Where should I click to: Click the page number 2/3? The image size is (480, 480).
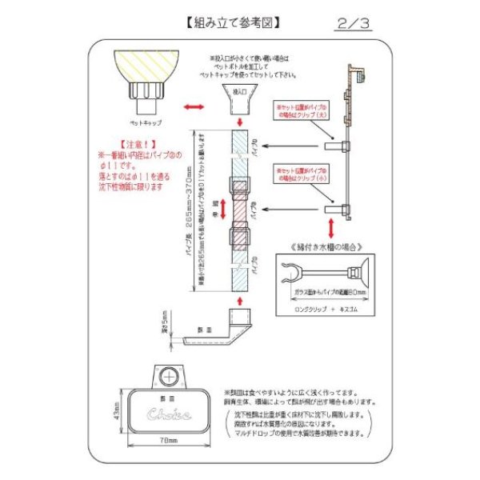click(354, 24)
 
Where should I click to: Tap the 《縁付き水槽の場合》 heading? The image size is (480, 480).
click(320, 248)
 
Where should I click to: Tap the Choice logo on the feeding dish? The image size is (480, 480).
click(166, 417)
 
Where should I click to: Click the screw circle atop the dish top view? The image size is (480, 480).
click(167, 375)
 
